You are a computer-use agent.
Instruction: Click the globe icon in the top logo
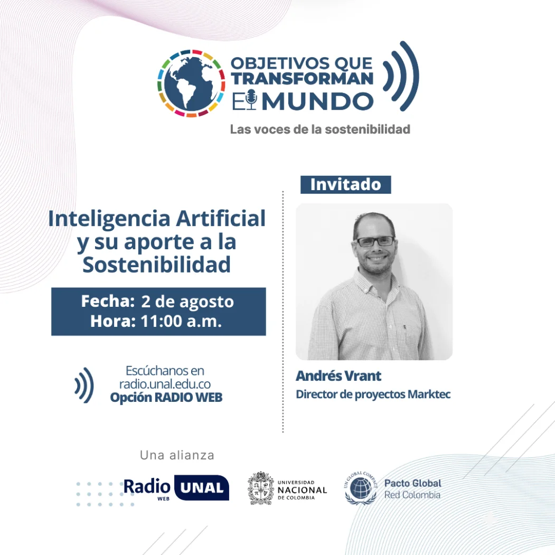[x=191, y=83]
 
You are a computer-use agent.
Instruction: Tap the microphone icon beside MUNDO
[x=251, y=99]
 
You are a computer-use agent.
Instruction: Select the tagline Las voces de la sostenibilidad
[x=320, y=129]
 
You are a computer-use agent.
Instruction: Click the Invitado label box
[x=345, y=184]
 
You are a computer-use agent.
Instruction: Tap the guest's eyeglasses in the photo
[x=374, y=241]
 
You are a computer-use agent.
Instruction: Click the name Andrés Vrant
[x=338, y=376]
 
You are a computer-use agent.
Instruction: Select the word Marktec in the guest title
[x=429, y=394]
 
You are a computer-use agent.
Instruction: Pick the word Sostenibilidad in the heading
[x=157, y=265]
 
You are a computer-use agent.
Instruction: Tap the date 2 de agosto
[x=187, y=302]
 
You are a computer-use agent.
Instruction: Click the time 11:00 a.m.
[x=180, y=321]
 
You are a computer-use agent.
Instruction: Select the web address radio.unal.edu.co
[x=165, y=384]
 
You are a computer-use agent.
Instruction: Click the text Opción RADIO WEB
[x=166, y=398]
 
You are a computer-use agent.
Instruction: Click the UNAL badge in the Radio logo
[x=201, y=488]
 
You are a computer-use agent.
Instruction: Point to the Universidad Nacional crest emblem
[x=261, y=488]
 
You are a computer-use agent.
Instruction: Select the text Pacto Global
[x=412, y=483]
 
